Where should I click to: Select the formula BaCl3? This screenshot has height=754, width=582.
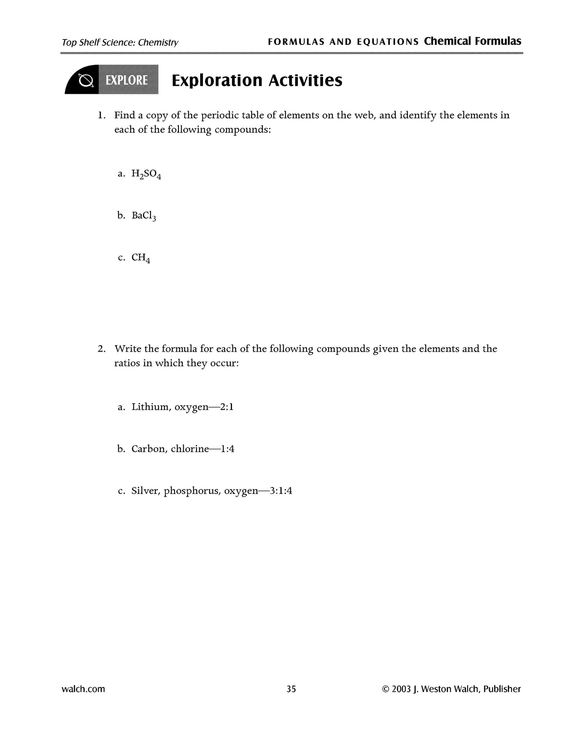(x=144, y=216)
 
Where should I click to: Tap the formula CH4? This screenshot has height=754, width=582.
(x=141, y=258)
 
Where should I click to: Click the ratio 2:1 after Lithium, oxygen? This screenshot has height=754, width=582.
(x=227, y=407)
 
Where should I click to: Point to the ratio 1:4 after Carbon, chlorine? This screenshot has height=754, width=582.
(x=228, y=449)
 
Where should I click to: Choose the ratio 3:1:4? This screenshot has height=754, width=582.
(x=281, y=491)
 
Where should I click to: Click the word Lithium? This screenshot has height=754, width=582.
(x=150, y=407)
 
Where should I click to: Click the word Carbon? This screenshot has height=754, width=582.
(x=149, y=449)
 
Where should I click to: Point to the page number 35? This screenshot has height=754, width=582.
(x=291, y=689)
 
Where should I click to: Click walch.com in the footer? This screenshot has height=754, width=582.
(x=83, y=689)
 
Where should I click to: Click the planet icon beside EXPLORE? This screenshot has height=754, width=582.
(x=86, y=81)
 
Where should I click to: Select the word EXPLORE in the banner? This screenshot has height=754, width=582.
(x=126, y=81)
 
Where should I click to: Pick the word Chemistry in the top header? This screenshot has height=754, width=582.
(x=158, y=42)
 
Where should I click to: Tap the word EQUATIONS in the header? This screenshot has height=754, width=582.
(x=388, y=42)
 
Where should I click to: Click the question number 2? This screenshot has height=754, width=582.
(x=101, y=349)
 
